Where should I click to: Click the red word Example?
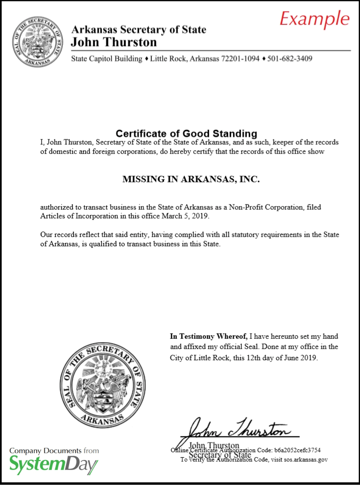pos(315,19)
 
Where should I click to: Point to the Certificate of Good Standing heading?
pos(186,133)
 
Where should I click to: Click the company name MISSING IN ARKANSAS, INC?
pos(191,179)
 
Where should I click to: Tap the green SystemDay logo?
pos(53,464)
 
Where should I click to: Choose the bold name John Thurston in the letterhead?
pos(114,42)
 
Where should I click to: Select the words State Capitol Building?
pos(106,59)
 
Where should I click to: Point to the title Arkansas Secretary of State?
pos(139,30)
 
